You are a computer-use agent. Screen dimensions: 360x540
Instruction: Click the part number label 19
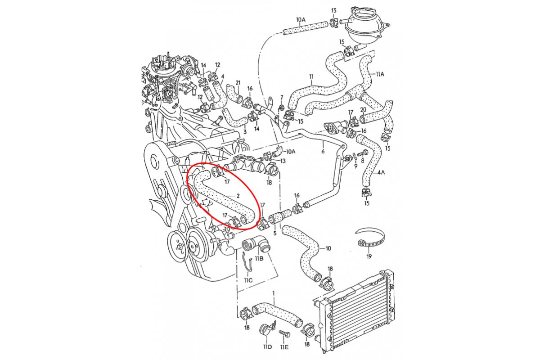369,256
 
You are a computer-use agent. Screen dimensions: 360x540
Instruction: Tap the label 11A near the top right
380,73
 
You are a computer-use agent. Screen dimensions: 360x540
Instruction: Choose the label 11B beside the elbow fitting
259,259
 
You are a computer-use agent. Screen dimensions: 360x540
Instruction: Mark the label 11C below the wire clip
248,280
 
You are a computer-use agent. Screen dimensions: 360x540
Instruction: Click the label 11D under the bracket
267,347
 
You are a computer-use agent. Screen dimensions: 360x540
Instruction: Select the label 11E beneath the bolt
285,347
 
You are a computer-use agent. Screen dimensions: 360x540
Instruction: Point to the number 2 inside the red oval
238,196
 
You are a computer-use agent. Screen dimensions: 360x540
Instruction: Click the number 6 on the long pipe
323,152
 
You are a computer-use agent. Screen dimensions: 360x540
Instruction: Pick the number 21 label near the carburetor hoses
238,83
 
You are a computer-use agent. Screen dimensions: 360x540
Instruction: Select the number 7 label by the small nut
282,97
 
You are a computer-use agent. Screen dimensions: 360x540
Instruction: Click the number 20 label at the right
363,110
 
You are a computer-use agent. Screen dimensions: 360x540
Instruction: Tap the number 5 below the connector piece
274,233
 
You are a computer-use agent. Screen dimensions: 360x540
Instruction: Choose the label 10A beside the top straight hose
301,20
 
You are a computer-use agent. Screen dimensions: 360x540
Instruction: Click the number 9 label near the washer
355,166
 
